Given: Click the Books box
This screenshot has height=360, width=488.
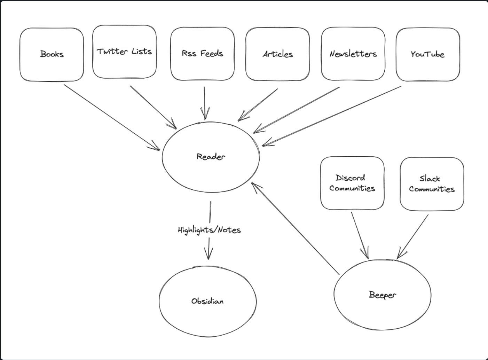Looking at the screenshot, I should (52, 54).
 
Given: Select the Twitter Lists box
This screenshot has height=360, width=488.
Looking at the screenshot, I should (124, 52).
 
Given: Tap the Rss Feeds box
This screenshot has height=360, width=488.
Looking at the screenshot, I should (202, 53).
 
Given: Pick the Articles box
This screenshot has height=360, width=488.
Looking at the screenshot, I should (277, 54).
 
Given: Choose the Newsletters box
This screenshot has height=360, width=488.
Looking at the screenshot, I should (353, 54).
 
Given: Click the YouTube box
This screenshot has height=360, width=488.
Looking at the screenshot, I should (427, 54).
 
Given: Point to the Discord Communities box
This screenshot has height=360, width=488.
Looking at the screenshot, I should (352, 183).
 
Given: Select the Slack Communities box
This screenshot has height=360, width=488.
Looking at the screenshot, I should (432, 184).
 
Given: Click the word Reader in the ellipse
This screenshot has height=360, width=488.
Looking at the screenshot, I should (211, 157).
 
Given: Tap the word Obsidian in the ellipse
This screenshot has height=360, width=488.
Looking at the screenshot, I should (207, 301).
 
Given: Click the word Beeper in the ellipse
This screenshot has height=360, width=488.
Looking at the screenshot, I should (382, 295).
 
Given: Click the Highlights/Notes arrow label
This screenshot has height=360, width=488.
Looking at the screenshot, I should (209, 230).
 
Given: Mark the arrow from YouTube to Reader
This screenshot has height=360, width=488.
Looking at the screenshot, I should (332, 116).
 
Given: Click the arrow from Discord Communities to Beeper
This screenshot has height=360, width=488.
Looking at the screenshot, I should (360, 235).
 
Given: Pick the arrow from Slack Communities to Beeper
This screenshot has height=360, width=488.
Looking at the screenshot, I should (413, 236).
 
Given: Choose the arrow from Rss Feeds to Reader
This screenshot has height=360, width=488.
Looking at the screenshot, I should (205, 103).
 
